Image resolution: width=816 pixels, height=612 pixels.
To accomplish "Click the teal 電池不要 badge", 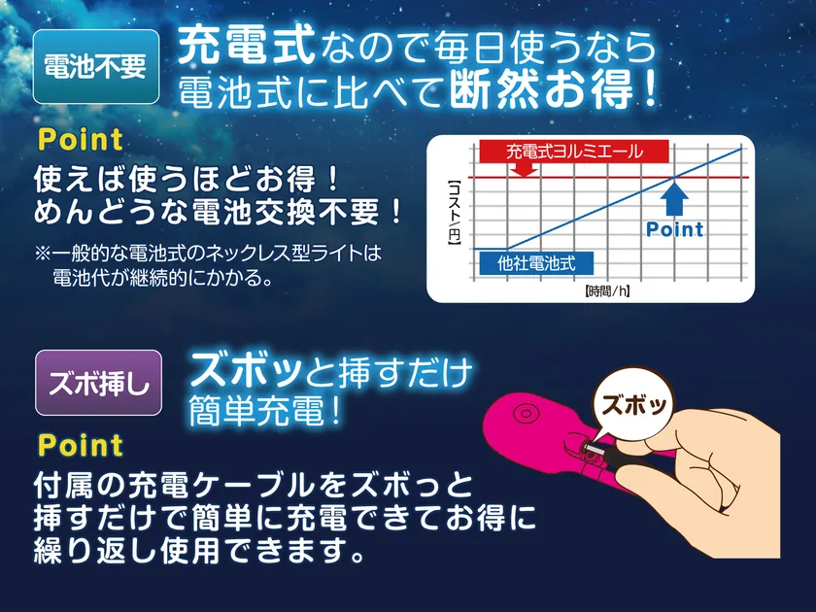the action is click(x=96, y=67).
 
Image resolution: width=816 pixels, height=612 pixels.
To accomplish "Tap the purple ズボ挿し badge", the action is click(x=98, y=383).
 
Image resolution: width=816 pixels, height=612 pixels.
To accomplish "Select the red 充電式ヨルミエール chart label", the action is click(x=574, y=152).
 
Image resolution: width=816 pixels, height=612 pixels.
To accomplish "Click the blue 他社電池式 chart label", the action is click(x=536, y=263).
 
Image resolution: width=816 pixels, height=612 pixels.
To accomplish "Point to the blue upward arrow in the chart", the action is click(x=674, y=199).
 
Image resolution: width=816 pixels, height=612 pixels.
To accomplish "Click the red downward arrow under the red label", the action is click(x=524, y=169).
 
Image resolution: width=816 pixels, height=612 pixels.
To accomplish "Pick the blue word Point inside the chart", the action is click(x=674, y=229).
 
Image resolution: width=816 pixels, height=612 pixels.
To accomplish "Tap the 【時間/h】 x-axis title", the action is click(x=607, y=291).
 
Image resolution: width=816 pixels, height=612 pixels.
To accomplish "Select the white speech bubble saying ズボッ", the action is click(x=633, y=405).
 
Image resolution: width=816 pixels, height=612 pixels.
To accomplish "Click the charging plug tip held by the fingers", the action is click(x=592, y=447).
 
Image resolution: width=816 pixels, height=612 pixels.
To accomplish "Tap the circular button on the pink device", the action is click(x=527, y=415).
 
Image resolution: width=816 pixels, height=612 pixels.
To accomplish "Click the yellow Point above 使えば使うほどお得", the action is click(x=81, y=140).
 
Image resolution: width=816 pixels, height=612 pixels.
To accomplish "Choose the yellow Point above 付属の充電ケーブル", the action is click(x=81, y=446).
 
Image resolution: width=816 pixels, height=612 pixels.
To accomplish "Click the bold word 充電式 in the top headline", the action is click(x=246, y=46).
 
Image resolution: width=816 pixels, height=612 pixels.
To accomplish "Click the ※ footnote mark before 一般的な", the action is click(x=43, y=254).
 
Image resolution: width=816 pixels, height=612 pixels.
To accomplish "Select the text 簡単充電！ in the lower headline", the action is click(x=265, y=411).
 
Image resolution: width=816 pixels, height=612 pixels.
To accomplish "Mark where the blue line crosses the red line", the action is click(x=674, y=178).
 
